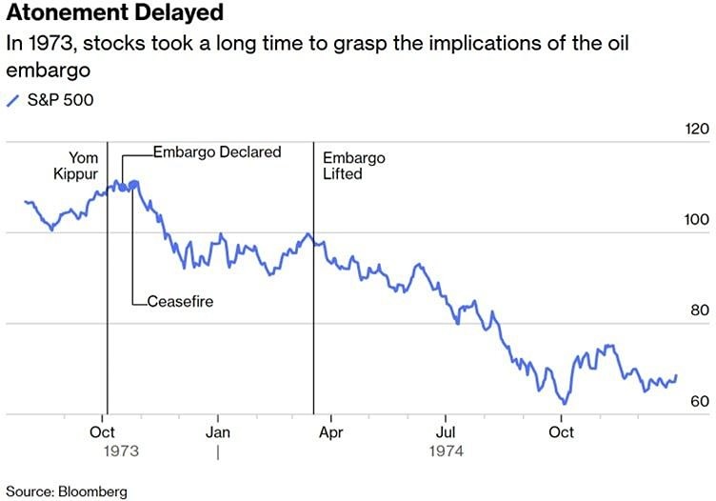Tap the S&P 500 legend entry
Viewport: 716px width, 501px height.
tap(55, 100)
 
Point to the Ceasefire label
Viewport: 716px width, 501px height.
tap(180, 302)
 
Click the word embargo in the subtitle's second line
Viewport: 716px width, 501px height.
tap(42, 70)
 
